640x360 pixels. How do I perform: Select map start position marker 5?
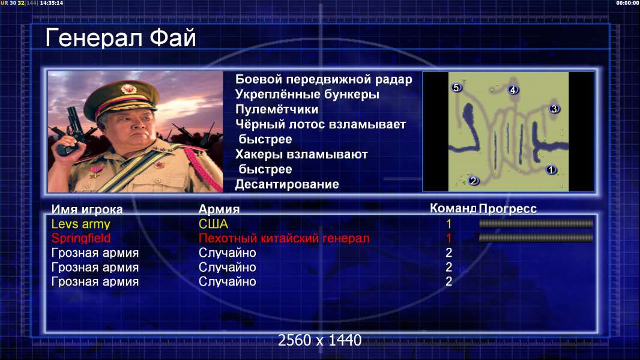coord(456,87)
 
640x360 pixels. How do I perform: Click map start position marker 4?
coord(513,89)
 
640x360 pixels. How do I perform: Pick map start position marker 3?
coord(554,109)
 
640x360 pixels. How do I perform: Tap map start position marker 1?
coord(551,170)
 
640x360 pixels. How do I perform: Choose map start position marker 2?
coord(473,180)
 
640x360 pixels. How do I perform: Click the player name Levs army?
coord(81,224)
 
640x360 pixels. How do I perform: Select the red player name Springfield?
coord(81,238)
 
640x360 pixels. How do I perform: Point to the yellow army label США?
coord(213,224)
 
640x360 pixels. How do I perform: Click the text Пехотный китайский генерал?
coord(284,238)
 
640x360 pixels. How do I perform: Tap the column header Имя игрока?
coord(87,209)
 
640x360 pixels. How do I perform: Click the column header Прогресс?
coord(507,208)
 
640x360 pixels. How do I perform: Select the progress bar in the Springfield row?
coord(536,238)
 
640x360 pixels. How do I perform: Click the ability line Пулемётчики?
coord(277,109)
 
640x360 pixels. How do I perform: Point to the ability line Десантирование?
coord(287,184)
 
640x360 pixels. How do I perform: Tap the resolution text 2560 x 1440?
coord(319,340)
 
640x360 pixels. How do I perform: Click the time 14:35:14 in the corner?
coord(52,3)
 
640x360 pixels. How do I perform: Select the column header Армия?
coord(219,209)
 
